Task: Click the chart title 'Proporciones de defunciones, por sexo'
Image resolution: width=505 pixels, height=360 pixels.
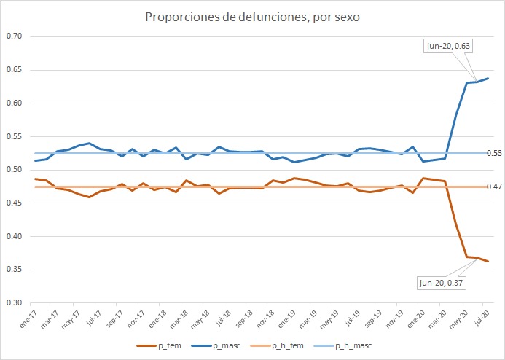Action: pos(252,17)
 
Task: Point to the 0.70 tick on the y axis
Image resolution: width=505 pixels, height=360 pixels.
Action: pos(15,36)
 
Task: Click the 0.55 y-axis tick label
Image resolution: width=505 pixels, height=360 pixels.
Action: pos(15,136)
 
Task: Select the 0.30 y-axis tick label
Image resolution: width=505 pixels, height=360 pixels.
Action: pos(15,303)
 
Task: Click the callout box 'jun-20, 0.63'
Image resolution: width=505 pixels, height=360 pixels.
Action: pos(447,47)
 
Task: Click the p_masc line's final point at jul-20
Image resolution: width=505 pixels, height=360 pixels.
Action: pos(488,78)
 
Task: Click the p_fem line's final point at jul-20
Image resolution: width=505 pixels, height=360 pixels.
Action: pos(488,261)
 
